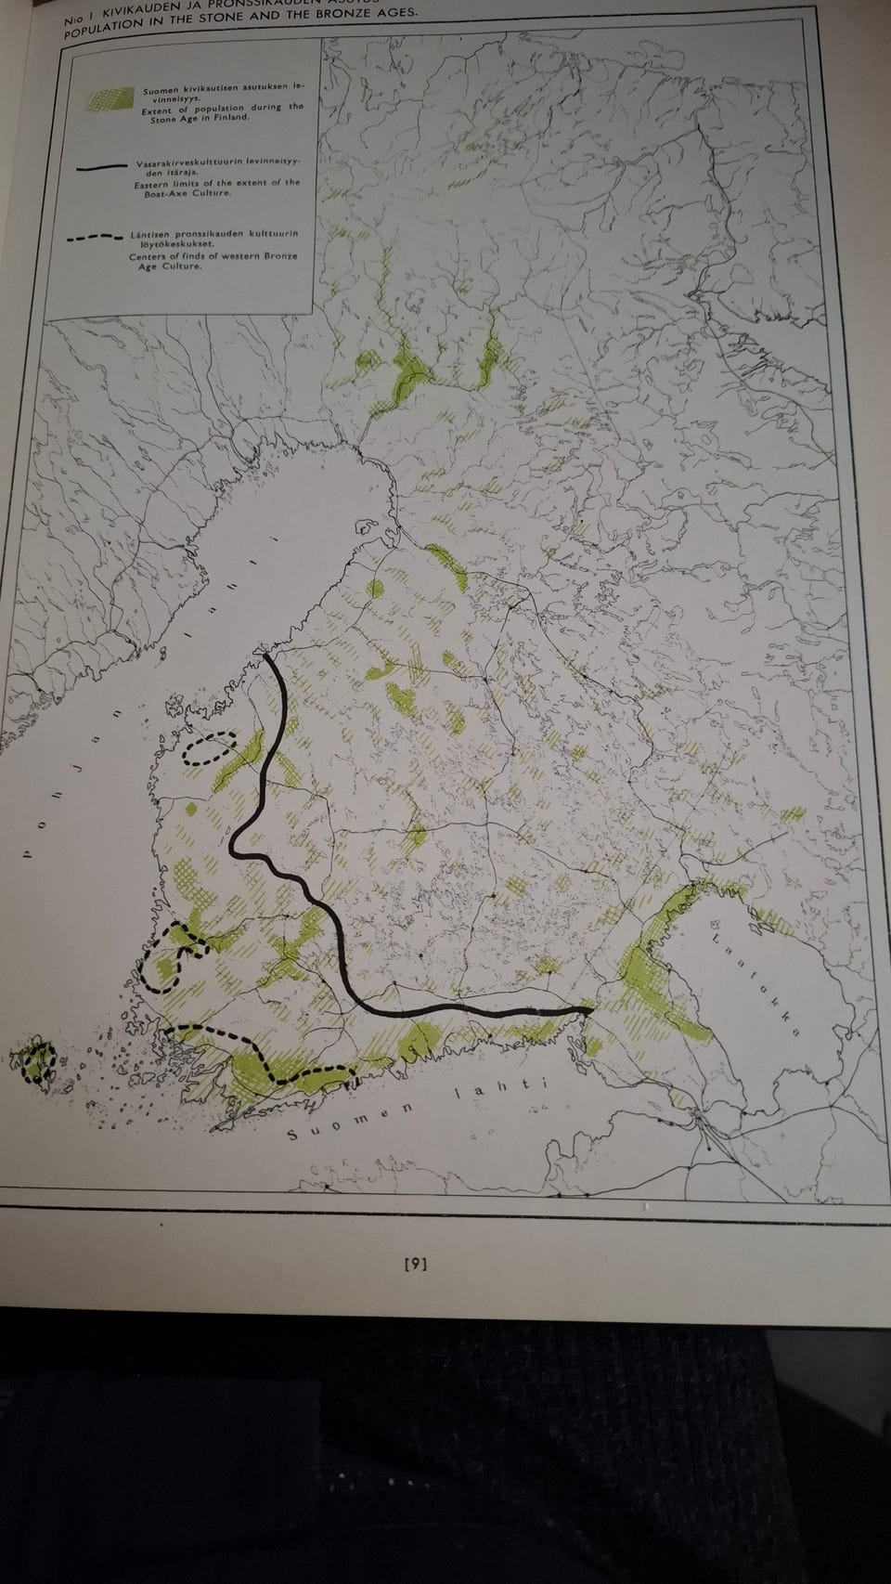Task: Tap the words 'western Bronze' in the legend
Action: (249, 255)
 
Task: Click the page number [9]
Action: (415, 1263)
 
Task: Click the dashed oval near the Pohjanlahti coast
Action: (210, 747)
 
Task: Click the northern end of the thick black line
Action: (267, 657)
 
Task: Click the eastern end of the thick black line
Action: (588, 1008)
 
